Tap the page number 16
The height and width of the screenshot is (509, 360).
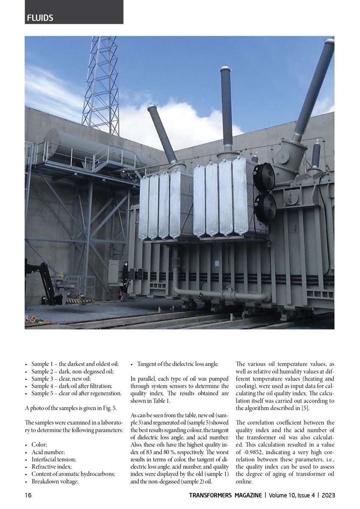coord(28,495)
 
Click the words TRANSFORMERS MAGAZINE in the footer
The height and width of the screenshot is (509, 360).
coord(225,495)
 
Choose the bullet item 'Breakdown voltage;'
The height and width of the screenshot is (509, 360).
coord(55,481)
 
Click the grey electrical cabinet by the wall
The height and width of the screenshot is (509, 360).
coord(115,271)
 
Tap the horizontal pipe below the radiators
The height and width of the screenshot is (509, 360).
coord(220,294)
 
